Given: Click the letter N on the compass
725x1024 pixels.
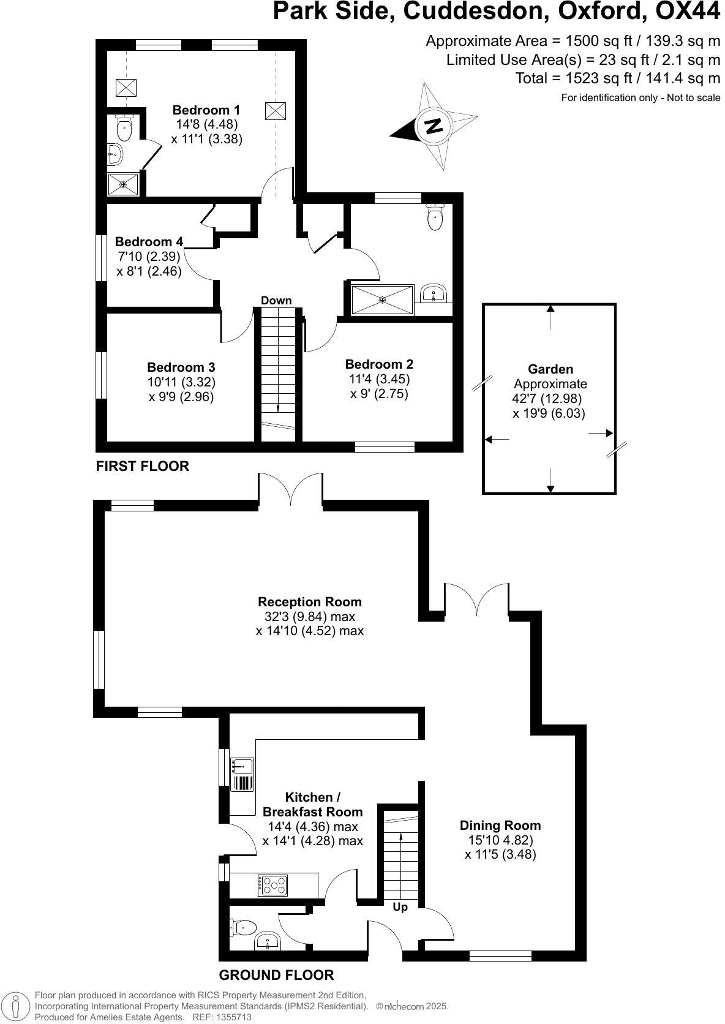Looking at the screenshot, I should click(433, 126).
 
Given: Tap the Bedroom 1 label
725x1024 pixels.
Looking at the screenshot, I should click(206, 110).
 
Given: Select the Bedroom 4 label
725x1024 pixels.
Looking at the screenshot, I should click(149, 242).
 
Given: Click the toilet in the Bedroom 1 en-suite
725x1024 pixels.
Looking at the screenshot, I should click(125, 127).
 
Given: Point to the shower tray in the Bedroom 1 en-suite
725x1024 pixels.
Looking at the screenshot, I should click(123, 184).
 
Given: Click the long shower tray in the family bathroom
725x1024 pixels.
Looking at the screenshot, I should click(382, 299).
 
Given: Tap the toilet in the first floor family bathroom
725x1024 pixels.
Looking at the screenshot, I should click(435, 217).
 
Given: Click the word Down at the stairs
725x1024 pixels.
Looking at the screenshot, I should click(276, 301).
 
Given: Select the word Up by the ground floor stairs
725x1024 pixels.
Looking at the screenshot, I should click(400, 907).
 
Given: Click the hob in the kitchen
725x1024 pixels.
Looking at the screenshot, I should click(273, 885).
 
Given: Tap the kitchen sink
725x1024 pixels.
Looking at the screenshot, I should click(242, 766).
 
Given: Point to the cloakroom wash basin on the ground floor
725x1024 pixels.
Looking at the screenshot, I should click(267, 941).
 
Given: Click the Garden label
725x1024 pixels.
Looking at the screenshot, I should click(550, 369).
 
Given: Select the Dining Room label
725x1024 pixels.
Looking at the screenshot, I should click(500, 826).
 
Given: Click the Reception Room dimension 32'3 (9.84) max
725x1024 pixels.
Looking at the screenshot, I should click(310, 617).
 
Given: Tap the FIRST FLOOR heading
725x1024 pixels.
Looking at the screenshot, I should click(143, 467).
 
